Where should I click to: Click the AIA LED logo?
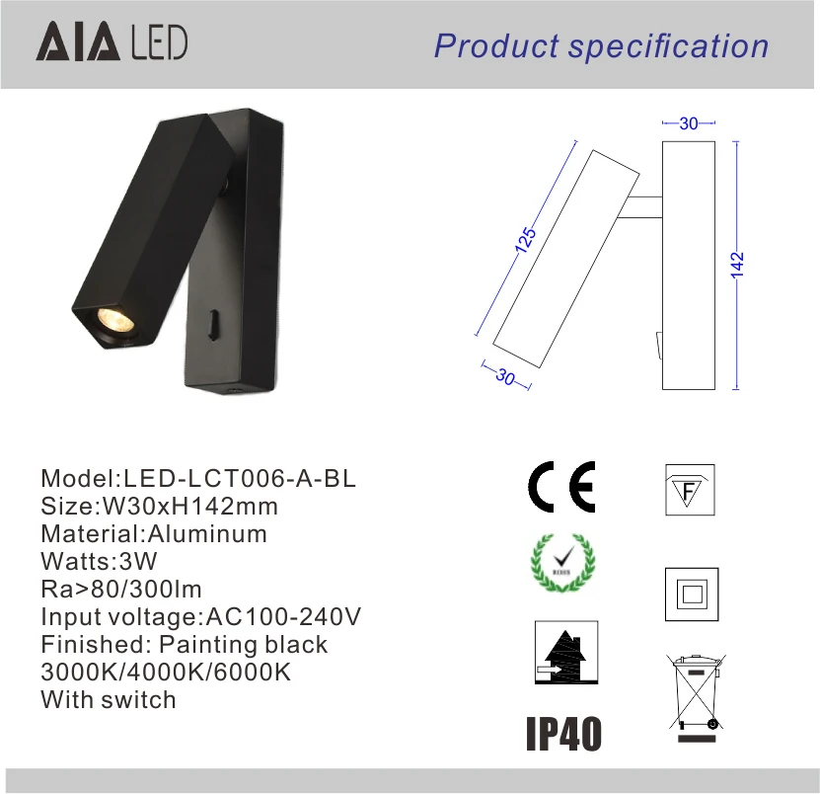pyautogui.click(x=112, y=41)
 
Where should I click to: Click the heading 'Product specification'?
pyautogui.click(x=601, y=46)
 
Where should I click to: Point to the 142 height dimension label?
pyautogui.click(x=737, y=266)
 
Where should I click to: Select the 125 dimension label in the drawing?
pyautogui.click(x=525, y=240)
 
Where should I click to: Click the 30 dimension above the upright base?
pyautogui.click(x=689, y=123)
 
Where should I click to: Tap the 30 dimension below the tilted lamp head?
pyautogui.click(x=505, y=377)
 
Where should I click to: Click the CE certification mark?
pyautogui.click(x=561, y=487)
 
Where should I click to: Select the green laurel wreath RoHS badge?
pyautogui.click(x=562, y=563)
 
